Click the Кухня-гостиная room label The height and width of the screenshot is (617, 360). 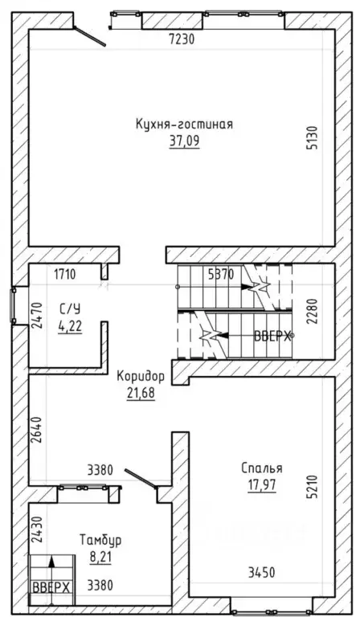click(184, 125)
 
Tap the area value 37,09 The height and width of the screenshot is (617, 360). click(185, 141)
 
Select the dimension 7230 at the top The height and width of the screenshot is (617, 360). click(182, 39)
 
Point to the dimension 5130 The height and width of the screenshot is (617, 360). click(313, 137)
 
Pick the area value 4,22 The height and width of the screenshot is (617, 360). click(70, 327)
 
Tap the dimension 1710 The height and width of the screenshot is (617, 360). click(65, 274)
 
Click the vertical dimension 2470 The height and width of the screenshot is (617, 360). click(36, 315)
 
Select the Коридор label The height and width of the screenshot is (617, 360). click(141, 377)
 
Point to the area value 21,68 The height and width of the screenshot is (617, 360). click(141, 393)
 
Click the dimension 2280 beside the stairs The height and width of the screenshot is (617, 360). click(313, 311)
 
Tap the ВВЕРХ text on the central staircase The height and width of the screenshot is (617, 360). click(272, 337)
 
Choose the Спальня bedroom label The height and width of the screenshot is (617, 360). click(262, 468)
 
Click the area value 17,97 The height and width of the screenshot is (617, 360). click(262, 485)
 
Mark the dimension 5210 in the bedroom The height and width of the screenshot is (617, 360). click(313, 487)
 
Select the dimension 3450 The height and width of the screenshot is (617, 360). click(262, 573)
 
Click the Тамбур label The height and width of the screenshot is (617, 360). click(100, 540)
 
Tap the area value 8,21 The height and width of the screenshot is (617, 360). click(100, 557)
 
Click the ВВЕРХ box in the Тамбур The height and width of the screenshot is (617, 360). click(51, 588)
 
